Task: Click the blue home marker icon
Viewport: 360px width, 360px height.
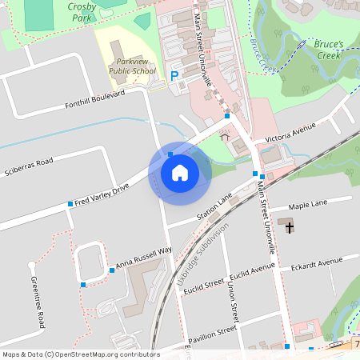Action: point(180,172)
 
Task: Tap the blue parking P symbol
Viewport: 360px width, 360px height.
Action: point(174,76)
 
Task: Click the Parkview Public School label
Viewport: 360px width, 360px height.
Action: point(134,65)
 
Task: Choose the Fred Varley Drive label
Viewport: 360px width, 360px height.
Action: point(101,195)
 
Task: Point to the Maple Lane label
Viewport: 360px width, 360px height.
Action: point(308,206)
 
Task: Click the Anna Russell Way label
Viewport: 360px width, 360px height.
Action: point(143,257)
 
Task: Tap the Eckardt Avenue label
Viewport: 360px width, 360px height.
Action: point(316,266)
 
